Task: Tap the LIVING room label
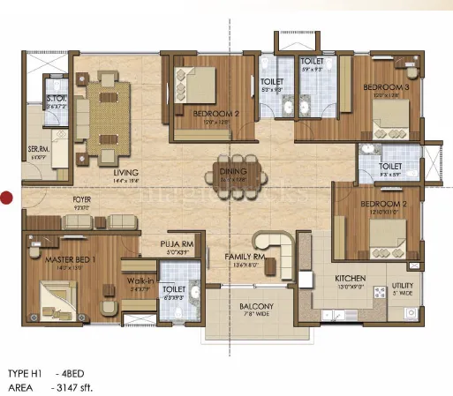(126, 173)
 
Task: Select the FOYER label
(82, 200)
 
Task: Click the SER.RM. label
(37, 149)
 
